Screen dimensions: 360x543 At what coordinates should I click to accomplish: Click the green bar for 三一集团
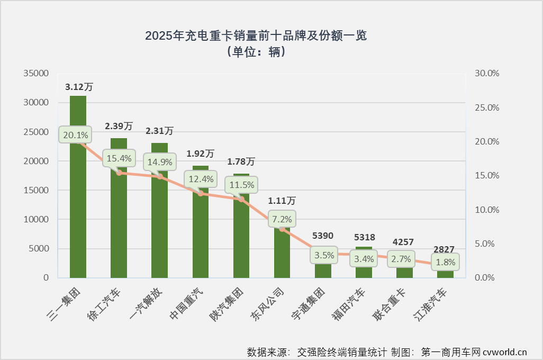point(78,212)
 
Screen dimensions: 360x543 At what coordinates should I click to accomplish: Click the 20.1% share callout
point(75,135)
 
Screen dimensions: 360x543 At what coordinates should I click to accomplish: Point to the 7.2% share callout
point(282,218)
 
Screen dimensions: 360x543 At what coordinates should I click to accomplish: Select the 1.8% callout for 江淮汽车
point(445,262)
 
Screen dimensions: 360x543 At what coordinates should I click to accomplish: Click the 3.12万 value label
point(79,86)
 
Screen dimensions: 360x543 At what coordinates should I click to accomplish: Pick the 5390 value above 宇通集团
point(323,236)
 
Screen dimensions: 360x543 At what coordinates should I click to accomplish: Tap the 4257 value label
point(404,241)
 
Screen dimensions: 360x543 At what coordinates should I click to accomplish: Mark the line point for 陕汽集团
point(241,199)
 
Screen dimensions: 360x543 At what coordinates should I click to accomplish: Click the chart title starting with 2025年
point(256,36)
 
